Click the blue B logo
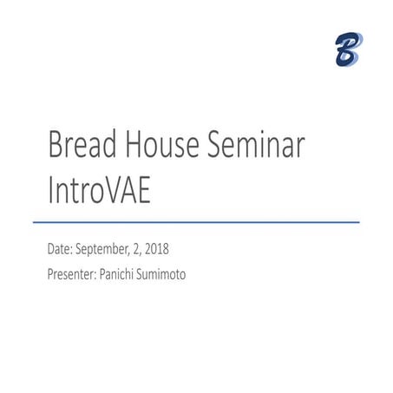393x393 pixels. click(348, 49)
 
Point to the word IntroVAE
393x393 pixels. click(100, 192)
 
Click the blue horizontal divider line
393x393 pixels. click(203, 223)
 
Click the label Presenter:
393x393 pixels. click(75, 275)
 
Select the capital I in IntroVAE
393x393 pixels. click(52, 192)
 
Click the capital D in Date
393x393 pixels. click(51, 250)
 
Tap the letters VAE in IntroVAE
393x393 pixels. click(127, 192)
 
